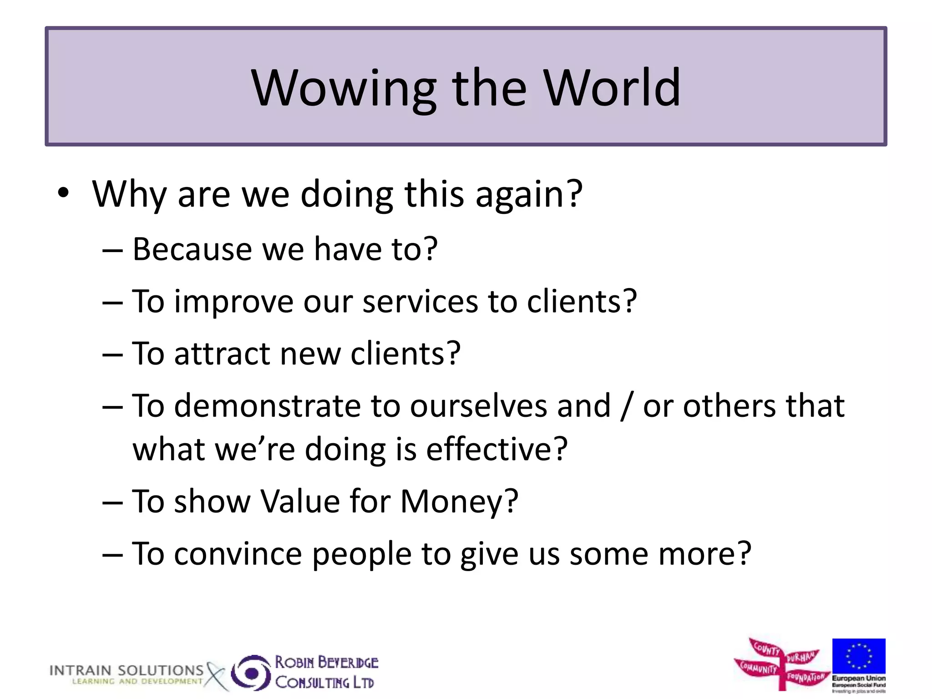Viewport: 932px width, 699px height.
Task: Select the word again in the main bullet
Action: [x=528, y=194]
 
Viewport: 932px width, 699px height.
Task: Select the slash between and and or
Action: [x=627, y=406]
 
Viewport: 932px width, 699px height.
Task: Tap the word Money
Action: [x=459, y=502]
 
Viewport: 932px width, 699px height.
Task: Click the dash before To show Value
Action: [x=112, y=502]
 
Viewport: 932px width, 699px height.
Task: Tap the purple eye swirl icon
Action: [x=251, y=672]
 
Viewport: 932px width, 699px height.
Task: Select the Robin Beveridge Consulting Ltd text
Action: [x=326, y=672]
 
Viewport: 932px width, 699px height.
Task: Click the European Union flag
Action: [x=859, y=655]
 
